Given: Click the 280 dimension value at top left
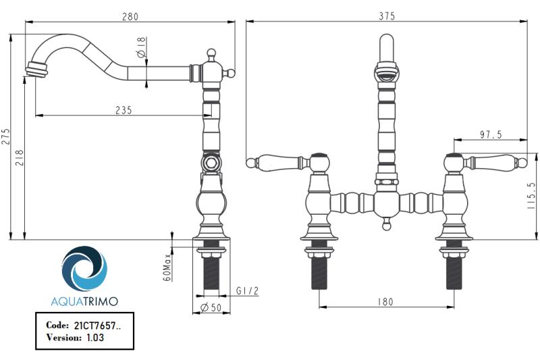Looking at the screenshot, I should tap(130, 16).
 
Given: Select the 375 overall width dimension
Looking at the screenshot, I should tap(386, 16).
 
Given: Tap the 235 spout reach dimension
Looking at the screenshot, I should tap(123, 109).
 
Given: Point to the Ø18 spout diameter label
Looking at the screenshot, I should tap(141, 48).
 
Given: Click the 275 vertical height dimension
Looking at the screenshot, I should tap(6, 137).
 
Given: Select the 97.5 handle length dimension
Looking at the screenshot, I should tap(491, 135).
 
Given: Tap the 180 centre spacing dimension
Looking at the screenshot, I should tap(385, 302).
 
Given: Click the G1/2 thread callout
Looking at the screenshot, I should tap(246, 290).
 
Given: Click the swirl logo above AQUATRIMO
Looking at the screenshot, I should tap(84, 269).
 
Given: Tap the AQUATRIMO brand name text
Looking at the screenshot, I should tap(84, 300).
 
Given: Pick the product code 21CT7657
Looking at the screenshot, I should tap(94, 325).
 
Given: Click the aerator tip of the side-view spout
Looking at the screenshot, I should tap(33, 69).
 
